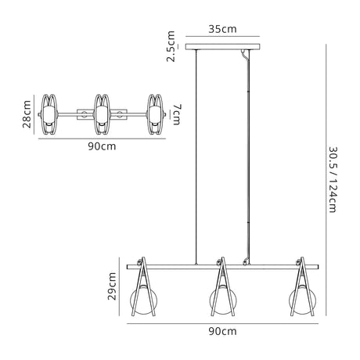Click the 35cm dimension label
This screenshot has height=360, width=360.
[222, 29]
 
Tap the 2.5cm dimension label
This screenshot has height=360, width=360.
[171, 46]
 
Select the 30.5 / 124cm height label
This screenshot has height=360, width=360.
[333, 180]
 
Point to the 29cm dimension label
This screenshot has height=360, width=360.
[112, 286]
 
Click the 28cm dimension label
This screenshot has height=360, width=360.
[27, 114]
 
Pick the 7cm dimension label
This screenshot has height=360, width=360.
[177, 114]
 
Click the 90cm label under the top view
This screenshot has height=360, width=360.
[102, 146]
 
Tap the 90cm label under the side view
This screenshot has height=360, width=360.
[222, 331]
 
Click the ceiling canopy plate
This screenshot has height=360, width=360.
[223, 47]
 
